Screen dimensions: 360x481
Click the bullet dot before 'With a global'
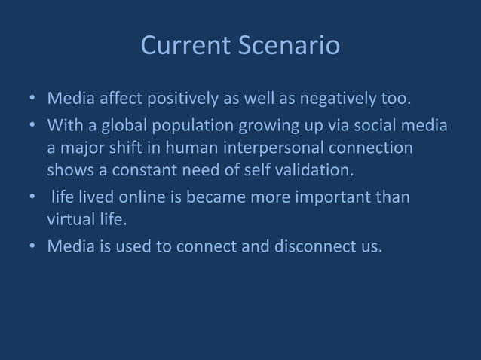point(32,123)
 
